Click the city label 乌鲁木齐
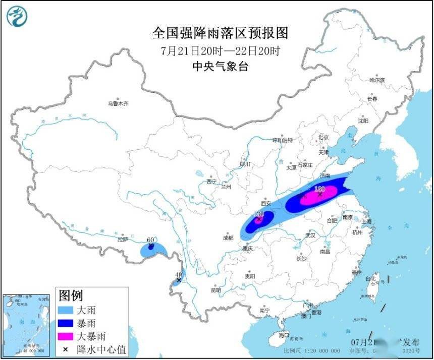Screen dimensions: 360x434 click(x=118, y=103)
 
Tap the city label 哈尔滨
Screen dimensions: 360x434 click(x=377, y=80)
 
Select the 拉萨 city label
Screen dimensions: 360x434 click(x=123, y=240)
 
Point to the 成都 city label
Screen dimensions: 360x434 click(x=228, y=237)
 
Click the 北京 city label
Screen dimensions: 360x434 click(x=323, y=137)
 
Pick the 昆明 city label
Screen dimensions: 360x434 click(x=216, y=290)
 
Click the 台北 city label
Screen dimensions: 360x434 click(x=370, y=278)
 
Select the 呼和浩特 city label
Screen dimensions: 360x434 click(x=283, y=140)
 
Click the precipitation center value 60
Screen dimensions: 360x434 click(x=150, y=240)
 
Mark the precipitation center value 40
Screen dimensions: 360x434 click(x=178, y=275)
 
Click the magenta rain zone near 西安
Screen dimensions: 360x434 click(x=259, y=218)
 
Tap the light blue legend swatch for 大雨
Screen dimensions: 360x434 click(x=65, y=310)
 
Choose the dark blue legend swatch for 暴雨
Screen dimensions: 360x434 click(x=65, y=323)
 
